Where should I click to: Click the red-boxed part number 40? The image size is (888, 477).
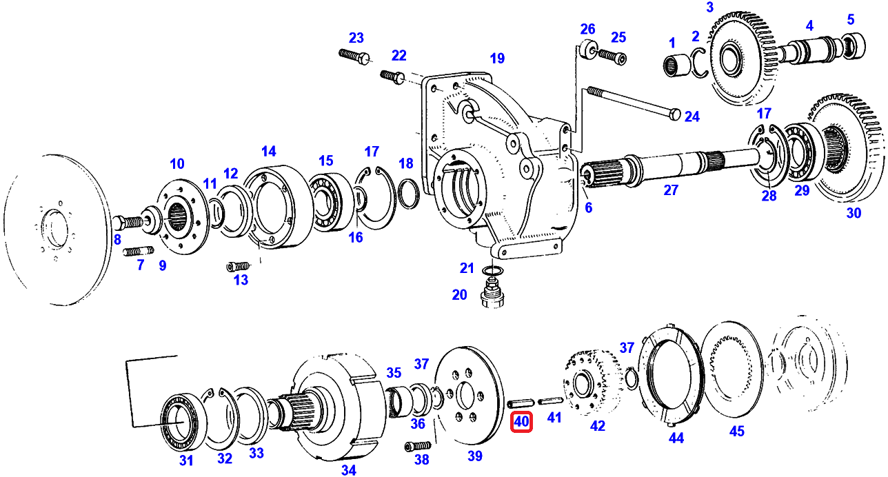click(x=521, y=421)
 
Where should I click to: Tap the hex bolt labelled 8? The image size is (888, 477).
click(x=131, y=222)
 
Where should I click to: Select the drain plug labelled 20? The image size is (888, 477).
click(x=491, y=296)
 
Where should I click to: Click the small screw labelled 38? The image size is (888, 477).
click(x=418, y=446)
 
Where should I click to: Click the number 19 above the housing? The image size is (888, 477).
click(x=497, y=58)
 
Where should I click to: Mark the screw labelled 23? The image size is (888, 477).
click(x=355, y=55)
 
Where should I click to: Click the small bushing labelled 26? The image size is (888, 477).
click(x=587, y=50)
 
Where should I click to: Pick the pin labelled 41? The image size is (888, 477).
click(x=549, y=400)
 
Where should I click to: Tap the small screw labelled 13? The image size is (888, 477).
click(x=239, y=266)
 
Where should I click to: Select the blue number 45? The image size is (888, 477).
click(x=737, y=432)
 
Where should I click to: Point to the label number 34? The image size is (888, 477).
click(x=348, y=470)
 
